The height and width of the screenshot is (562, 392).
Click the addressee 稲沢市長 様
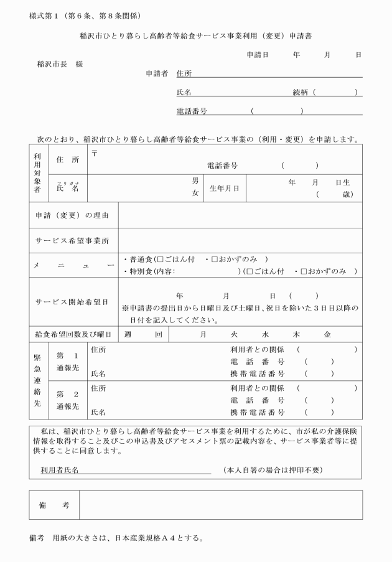(60, 64)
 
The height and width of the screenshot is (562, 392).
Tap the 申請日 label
(257, 55)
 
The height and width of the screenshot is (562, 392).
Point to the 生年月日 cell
(224, 188)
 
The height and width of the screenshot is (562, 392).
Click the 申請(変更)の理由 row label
(72, 215)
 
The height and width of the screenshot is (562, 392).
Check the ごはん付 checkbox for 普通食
(160, 259)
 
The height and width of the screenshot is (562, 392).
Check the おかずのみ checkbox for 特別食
(304, 271)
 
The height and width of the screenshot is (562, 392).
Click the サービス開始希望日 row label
(72, 302)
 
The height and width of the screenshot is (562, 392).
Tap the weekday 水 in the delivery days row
(265, 334)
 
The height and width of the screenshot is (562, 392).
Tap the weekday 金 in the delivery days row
(327, 334)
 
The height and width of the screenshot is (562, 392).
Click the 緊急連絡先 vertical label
(37, 381)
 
